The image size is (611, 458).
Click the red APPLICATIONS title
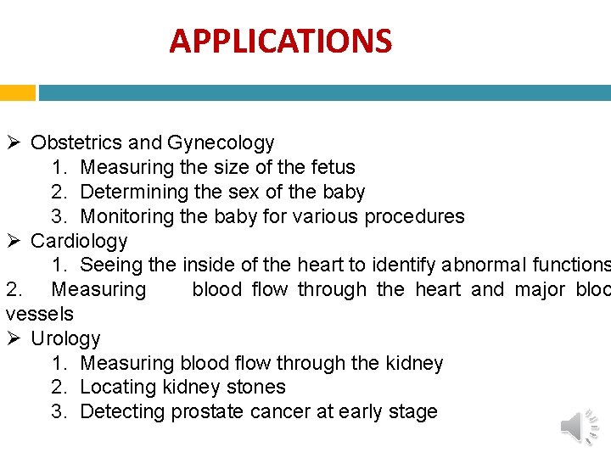click(x=280, y=41)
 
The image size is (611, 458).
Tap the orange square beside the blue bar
click(x=17, y=92)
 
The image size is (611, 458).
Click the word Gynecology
click(x=221, y=142)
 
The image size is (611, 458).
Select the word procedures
click(x=414, y=216)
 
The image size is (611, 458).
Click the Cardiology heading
click(x=79, y=241)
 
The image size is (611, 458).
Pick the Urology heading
click(x=65, y=338)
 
